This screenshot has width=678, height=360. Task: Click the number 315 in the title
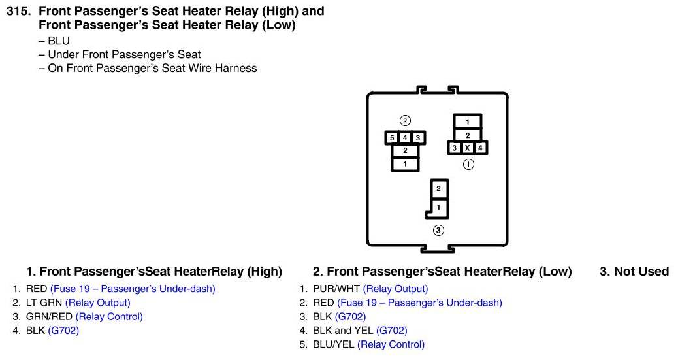[18, 12]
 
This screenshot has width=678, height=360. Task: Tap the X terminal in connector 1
[468, 148]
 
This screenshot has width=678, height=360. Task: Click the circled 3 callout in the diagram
[439, 230]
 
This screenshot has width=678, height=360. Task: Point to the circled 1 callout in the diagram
[468, 165]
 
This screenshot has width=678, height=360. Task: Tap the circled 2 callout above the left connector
[405, 121]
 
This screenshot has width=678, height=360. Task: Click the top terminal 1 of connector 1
[468, 122]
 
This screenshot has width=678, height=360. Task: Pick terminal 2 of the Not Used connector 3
[439, 189]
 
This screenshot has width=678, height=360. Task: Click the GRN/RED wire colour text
[49, 316]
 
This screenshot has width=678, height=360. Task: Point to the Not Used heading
[634, 271]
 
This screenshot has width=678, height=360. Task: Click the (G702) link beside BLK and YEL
[391, 331]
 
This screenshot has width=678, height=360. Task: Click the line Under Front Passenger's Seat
[124, 54]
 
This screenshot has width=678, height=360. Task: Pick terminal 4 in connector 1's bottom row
[480, 148]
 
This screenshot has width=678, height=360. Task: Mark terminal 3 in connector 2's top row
[418, 138]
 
